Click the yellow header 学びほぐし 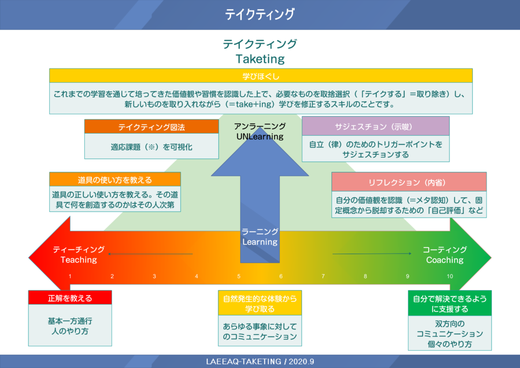[x=261, y=76]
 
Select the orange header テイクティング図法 [x=151, y=127]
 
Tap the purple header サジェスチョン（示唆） [x=375, y=127]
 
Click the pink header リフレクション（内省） [x=409, y=182]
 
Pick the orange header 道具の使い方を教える [x=115, y=179]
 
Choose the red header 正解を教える [x=70, y=298]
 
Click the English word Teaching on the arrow [x=79, y=260]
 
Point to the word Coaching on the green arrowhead [x=445, y=260]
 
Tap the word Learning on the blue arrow [x=259, y=242]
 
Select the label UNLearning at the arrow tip [x=260, y=136]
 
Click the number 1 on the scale [x=70, y=276]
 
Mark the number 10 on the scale [x=450, y=276]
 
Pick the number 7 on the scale [x=323, y=276]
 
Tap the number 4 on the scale [x=197, y=276]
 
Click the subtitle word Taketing [x=260, y=59]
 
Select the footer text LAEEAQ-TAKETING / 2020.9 [x=260, y=361]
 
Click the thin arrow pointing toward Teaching [x=150, y=254]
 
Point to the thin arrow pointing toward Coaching [x=372, y=254]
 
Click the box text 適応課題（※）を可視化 [x=151, y=147]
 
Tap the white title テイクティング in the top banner [x=260, y=14]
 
